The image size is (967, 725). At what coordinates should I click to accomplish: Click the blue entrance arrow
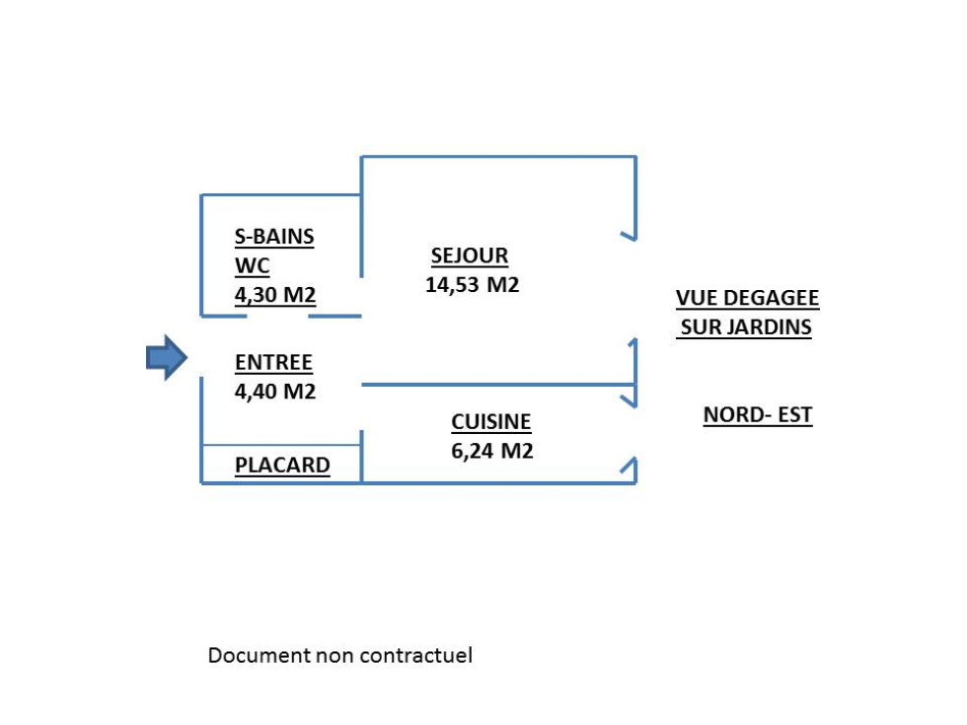point(167,357)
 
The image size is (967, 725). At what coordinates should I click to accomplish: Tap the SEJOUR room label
point(470,255)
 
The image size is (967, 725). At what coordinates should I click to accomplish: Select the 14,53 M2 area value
point(472,285)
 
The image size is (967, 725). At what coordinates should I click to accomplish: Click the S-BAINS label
point(274,236)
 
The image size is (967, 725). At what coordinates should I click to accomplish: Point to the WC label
point(253,265)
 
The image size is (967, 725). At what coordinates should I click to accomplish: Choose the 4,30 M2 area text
point(275,295)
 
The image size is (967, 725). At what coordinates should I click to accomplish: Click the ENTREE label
point(274,363)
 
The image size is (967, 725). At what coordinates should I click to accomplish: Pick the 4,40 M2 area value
point(275,392)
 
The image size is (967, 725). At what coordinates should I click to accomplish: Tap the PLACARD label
point(282,465)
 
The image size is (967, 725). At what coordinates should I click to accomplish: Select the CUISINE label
point(491,422)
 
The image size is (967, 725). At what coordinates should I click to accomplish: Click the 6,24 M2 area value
point(492,451)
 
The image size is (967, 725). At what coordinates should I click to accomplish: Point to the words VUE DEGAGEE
point(748,298)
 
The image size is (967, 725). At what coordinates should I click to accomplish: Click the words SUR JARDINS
point(746,326)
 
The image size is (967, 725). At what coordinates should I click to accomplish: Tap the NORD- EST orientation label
point(758,415)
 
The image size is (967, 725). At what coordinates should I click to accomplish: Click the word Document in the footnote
point(259,655)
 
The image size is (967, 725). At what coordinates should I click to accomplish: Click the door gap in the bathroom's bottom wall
point(277,317)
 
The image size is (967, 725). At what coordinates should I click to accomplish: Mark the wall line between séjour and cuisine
point(498,385)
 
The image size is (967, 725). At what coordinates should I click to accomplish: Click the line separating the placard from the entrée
point(281,445)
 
